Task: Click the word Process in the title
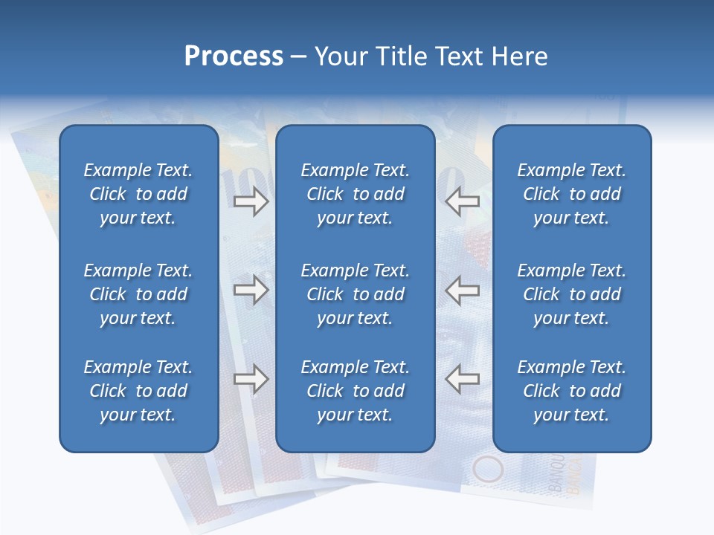(234, 56)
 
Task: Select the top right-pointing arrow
(251, 201)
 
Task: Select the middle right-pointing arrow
(251, 291)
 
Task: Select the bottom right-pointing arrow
(251, 379)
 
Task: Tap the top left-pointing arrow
(462, 201)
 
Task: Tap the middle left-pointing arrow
(462, 291)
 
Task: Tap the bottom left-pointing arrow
(462, 379)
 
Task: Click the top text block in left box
(138, 194)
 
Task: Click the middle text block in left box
(138, 294)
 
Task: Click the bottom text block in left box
(138, 391)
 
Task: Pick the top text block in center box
(355, 194)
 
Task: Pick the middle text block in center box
(355, 294)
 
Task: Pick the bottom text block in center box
(355, 391)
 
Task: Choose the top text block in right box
(571, 194)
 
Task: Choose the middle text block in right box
(571, 294)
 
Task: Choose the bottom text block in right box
(571, 391)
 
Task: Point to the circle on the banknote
(488, 470)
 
